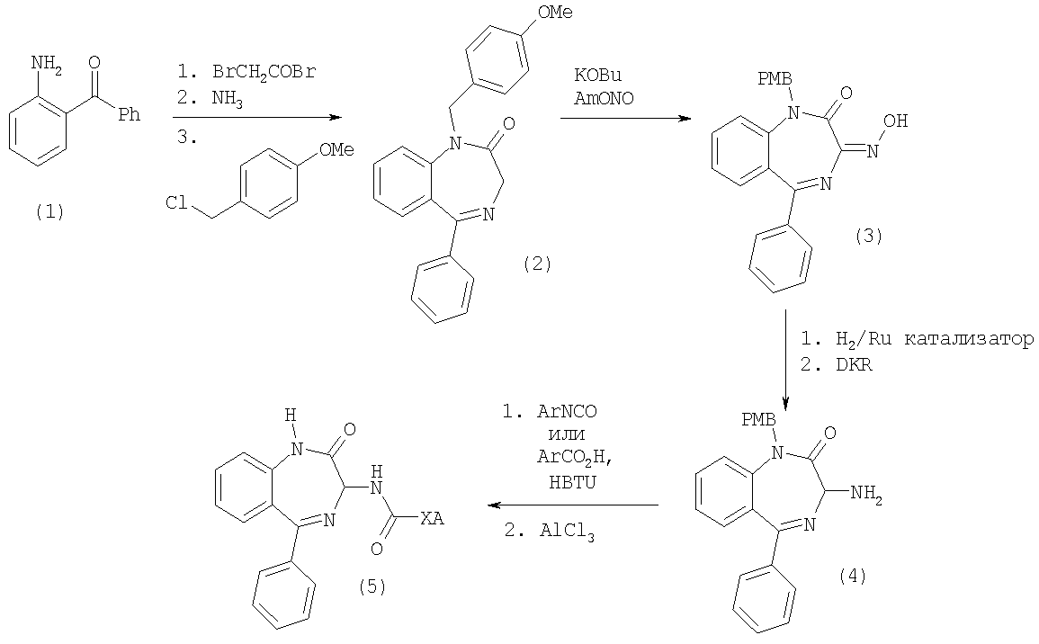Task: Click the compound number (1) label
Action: [x=49, y=211]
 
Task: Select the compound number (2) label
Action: [x=537, y=263]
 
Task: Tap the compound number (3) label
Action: [x=869, y=236]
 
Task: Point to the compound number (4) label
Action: [x=852, y=576]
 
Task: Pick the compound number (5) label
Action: [x=372, y=586]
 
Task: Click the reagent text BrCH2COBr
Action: [x=264, y=72]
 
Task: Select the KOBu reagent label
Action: [x=597, y=75]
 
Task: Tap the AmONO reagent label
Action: [x=604, y=98]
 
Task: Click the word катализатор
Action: [x=970, y=339]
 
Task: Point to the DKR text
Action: [x=854, y=364]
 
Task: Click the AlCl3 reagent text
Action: [x=567, y=532]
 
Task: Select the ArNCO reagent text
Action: [x=567, y=411]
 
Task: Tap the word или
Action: [x=567, y=434]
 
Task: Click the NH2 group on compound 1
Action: [x=47, y=65]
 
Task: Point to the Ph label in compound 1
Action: [x=130, y=114]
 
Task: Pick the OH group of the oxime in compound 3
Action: [x=895, y=121]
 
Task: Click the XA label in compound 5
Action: [x=432, y=518]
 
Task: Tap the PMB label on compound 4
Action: [x=758, y=419]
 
